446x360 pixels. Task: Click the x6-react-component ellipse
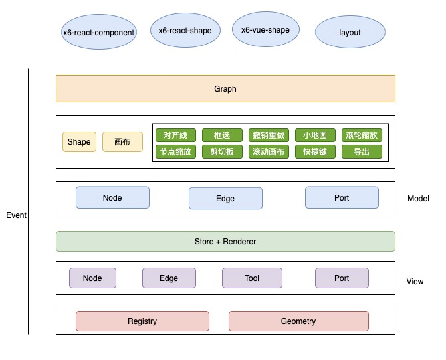98,32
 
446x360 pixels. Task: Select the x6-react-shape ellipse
185,31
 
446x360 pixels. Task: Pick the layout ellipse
350,32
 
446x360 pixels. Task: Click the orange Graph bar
225,88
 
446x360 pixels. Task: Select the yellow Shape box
79,142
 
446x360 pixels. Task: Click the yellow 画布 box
122,142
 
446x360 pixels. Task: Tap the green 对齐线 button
175,135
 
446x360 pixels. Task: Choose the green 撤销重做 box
269,135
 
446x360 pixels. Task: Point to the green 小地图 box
315,135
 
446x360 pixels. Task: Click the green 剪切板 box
222,151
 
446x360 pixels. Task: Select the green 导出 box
362,151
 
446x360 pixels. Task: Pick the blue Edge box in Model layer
225,199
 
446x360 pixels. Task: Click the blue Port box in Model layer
342,198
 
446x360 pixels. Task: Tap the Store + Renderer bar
225,241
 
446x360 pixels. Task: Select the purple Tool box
252,278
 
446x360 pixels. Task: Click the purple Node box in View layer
92,278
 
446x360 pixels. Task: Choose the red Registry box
142,321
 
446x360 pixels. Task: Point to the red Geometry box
298,321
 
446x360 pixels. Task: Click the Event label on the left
16,215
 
